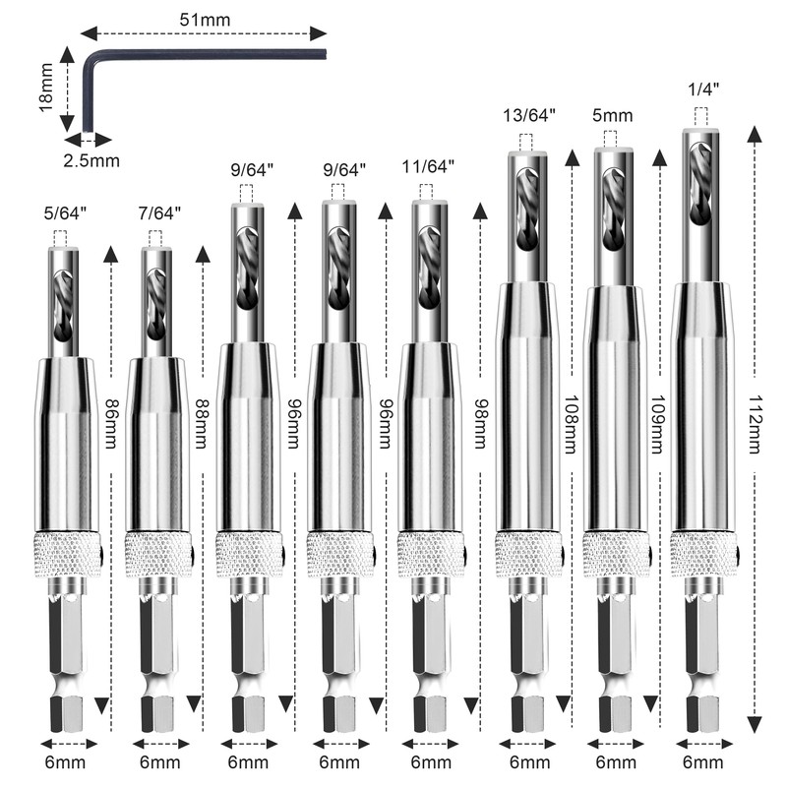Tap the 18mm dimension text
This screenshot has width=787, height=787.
pos(45,88)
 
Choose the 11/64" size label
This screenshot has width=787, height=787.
pos(428,167)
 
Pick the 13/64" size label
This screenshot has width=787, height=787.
pos(529,114)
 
